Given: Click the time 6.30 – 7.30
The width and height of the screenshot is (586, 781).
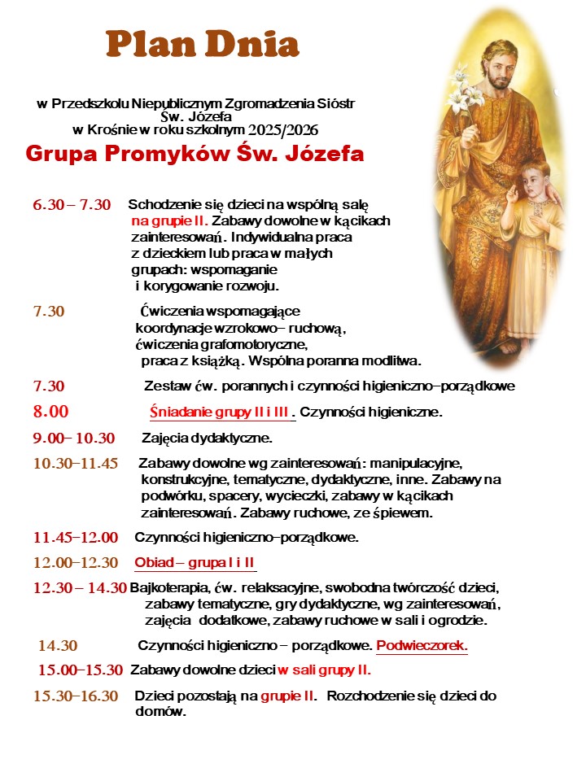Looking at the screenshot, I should pyautogui.click(x=72, y=205).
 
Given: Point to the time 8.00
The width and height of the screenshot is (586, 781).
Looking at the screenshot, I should pyautogui.click(x=50, y=411).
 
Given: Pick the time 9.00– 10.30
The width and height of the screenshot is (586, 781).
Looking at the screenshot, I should pyautogui.click(x=74, y=438).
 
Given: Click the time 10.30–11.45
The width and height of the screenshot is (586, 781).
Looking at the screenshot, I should pyautogui.click(x=76, y=464).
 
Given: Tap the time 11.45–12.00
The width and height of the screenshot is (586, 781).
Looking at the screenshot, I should pyautogui.click(x=76, y=537).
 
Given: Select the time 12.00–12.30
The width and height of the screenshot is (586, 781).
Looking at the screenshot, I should pyautogui.click(x=76, y=562).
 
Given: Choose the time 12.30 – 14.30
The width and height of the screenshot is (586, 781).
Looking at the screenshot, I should pyautogui.click(x=80, y=588).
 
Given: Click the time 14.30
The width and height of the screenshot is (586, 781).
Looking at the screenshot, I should pyautogui.click(x=58, y=646).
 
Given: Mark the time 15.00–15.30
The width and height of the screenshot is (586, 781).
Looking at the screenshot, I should pyautogui.click(x=81, y=670).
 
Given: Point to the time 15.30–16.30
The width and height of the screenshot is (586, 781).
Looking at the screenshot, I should pyautogui.click(x=76, y=696).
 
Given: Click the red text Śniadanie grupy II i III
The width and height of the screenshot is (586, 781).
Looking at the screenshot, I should pyautogui.click(x=221, y=412).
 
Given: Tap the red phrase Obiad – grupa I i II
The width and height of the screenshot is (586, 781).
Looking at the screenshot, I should pyautogui.click(x=195, y=563).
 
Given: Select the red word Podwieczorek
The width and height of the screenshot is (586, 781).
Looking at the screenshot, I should pyautogui.click(x=422, y=646).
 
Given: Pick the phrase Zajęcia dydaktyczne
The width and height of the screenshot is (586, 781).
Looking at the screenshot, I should pyautogui.click(x=207, y=439).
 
